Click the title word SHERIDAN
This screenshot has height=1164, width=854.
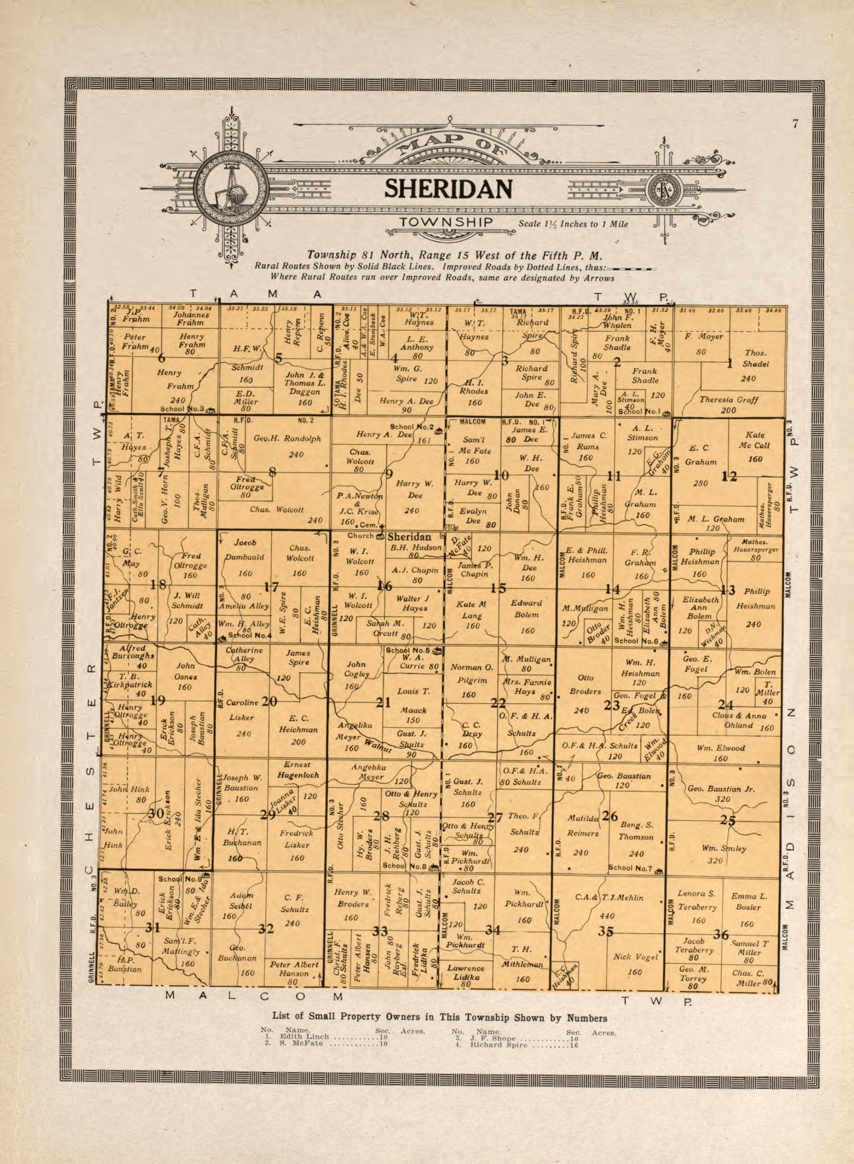448,189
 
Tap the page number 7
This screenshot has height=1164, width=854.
795,124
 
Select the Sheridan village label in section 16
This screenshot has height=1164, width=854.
409,536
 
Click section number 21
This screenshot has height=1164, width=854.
383,702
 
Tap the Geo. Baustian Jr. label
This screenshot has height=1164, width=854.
721,789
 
